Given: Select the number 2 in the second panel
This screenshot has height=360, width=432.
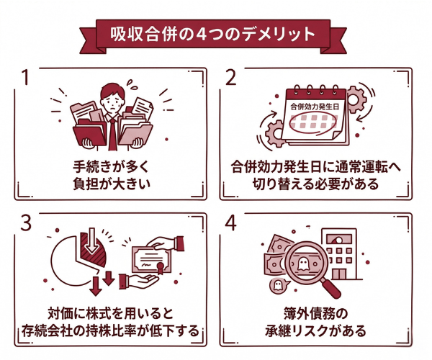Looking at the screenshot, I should pyautogui.click(x=232, y=78).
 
